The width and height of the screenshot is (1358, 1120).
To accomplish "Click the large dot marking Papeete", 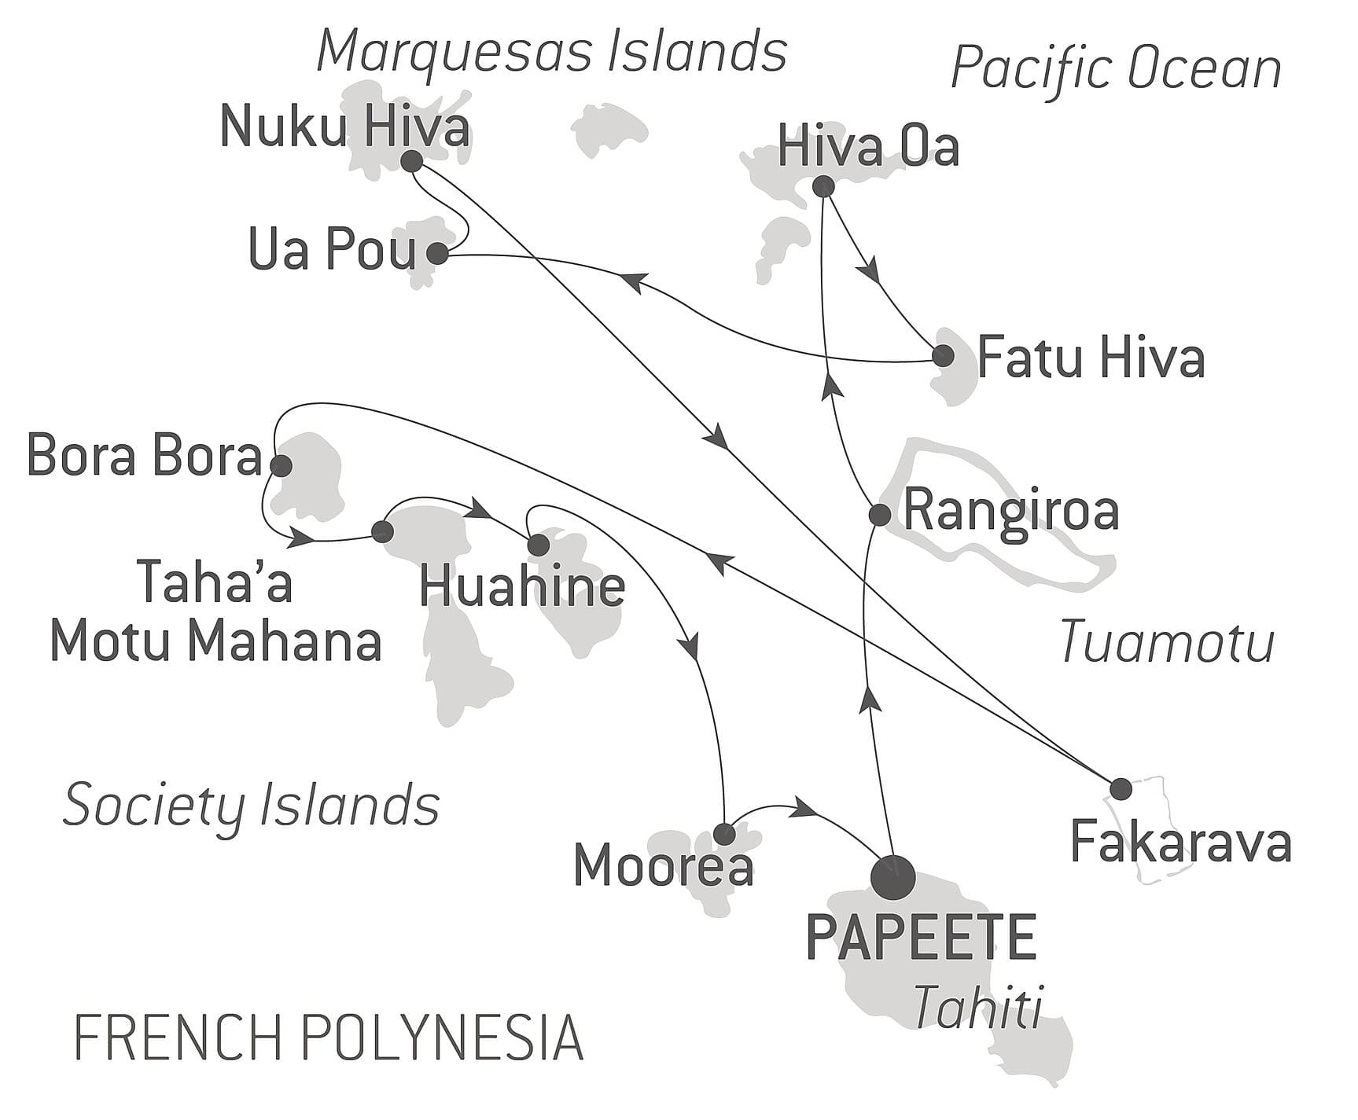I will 894,876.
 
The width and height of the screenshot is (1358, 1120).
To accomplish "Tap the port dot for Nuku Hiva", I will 411,162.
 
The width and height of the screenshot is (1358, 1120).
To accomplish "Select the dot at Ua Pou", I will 437,254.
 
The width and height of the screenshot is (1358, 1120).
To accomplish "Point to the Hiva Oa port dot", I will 823,186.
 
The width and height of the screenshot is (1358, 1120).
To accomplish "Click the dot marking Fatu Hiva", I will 943,356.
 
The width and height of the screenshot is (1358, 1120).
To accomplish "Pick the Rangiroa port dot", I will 879,515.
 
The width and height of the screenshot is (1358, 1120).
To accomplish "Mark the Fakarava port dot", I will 1121,788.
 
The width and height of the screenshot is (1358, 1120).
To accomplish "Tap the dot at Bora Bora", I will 281,466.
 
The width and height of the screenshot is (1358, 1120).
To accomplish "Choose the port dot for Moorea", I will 724,833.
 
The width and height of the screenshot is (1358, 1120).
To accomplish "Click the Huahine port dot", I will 538,545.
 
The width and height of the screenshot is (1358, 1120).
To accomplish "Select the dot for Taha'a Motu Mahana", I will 382,532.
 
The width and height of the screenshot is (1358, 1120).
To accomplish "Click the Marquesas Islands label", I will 551,53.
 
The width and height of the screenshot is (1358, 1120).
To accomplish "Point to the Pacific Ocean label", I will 1116,68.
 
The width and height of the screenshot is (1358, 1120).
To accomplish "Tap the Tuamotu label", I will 1167,642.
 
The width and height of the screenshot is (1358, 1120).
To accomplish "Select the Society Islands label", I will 251,805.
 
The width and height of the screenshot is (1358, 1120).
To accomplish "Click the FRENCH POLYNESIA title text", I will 329,1037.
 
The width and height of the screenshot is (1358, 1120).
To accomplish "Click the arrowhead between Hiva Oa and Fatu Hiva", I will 868,271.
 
